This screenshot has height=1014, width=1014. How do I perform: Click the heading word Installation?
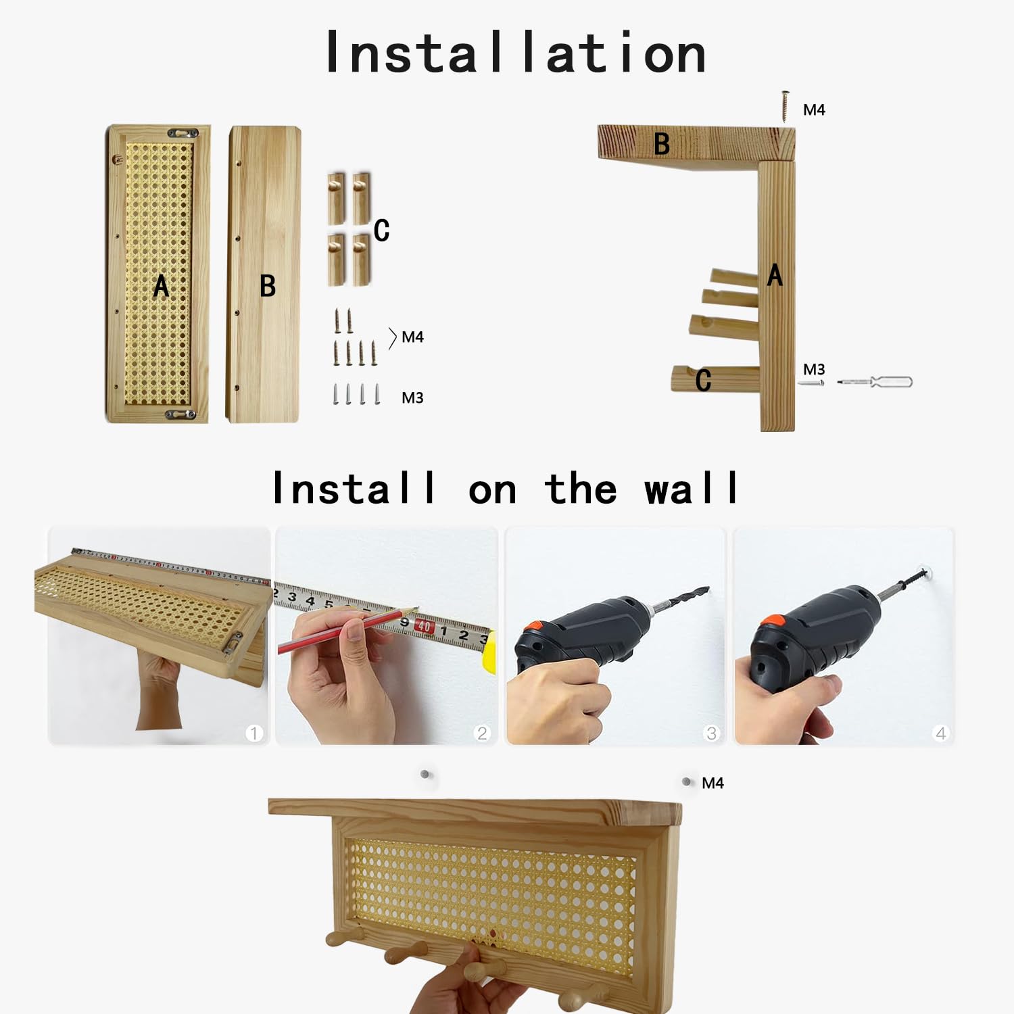point(516,52)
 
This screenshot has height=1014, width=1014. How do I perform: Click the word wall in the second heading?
point(691,488)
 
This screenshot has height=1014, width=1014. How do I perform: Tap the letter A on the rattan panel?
point(161,286)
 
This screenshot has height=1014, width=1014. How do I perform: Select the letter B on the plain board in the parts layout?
point(268,286)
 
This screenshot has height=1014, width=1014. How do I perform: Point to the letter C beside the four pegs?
point(381,230)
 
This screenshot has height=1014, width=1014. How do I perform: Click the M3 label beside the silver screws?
point(412,397)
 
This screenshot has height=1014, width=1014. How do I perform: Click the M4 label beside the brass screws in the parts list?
point(412,337)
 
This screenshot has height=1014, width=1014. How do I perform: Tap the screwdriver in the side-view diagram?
point(875,382)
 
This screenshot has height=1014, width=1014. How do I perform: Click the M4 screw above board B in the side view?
point(785,106)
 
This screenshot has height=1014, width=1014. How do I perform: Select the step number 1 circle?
point(254,733)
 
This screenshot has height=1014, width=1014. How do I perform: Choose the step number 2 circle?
point(482,733)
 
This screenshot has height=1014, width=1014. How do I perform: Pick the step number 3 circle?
point(711,733)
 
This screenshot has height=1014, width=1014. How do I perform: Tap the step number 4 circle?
point(940,733)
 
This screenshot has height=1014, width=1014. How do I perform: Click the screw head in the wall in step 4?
point(928,573)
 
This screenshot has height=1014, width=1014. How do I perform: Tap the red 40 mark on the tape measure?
point(424,626)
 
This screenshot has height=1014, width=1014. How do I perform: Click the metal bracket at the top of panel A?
point(183,133)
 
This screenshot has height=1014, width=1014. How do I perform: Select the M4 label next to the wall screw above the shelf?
point(713,783)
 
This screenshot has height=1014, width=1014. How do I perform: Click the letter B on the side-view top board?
point(662,144)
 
